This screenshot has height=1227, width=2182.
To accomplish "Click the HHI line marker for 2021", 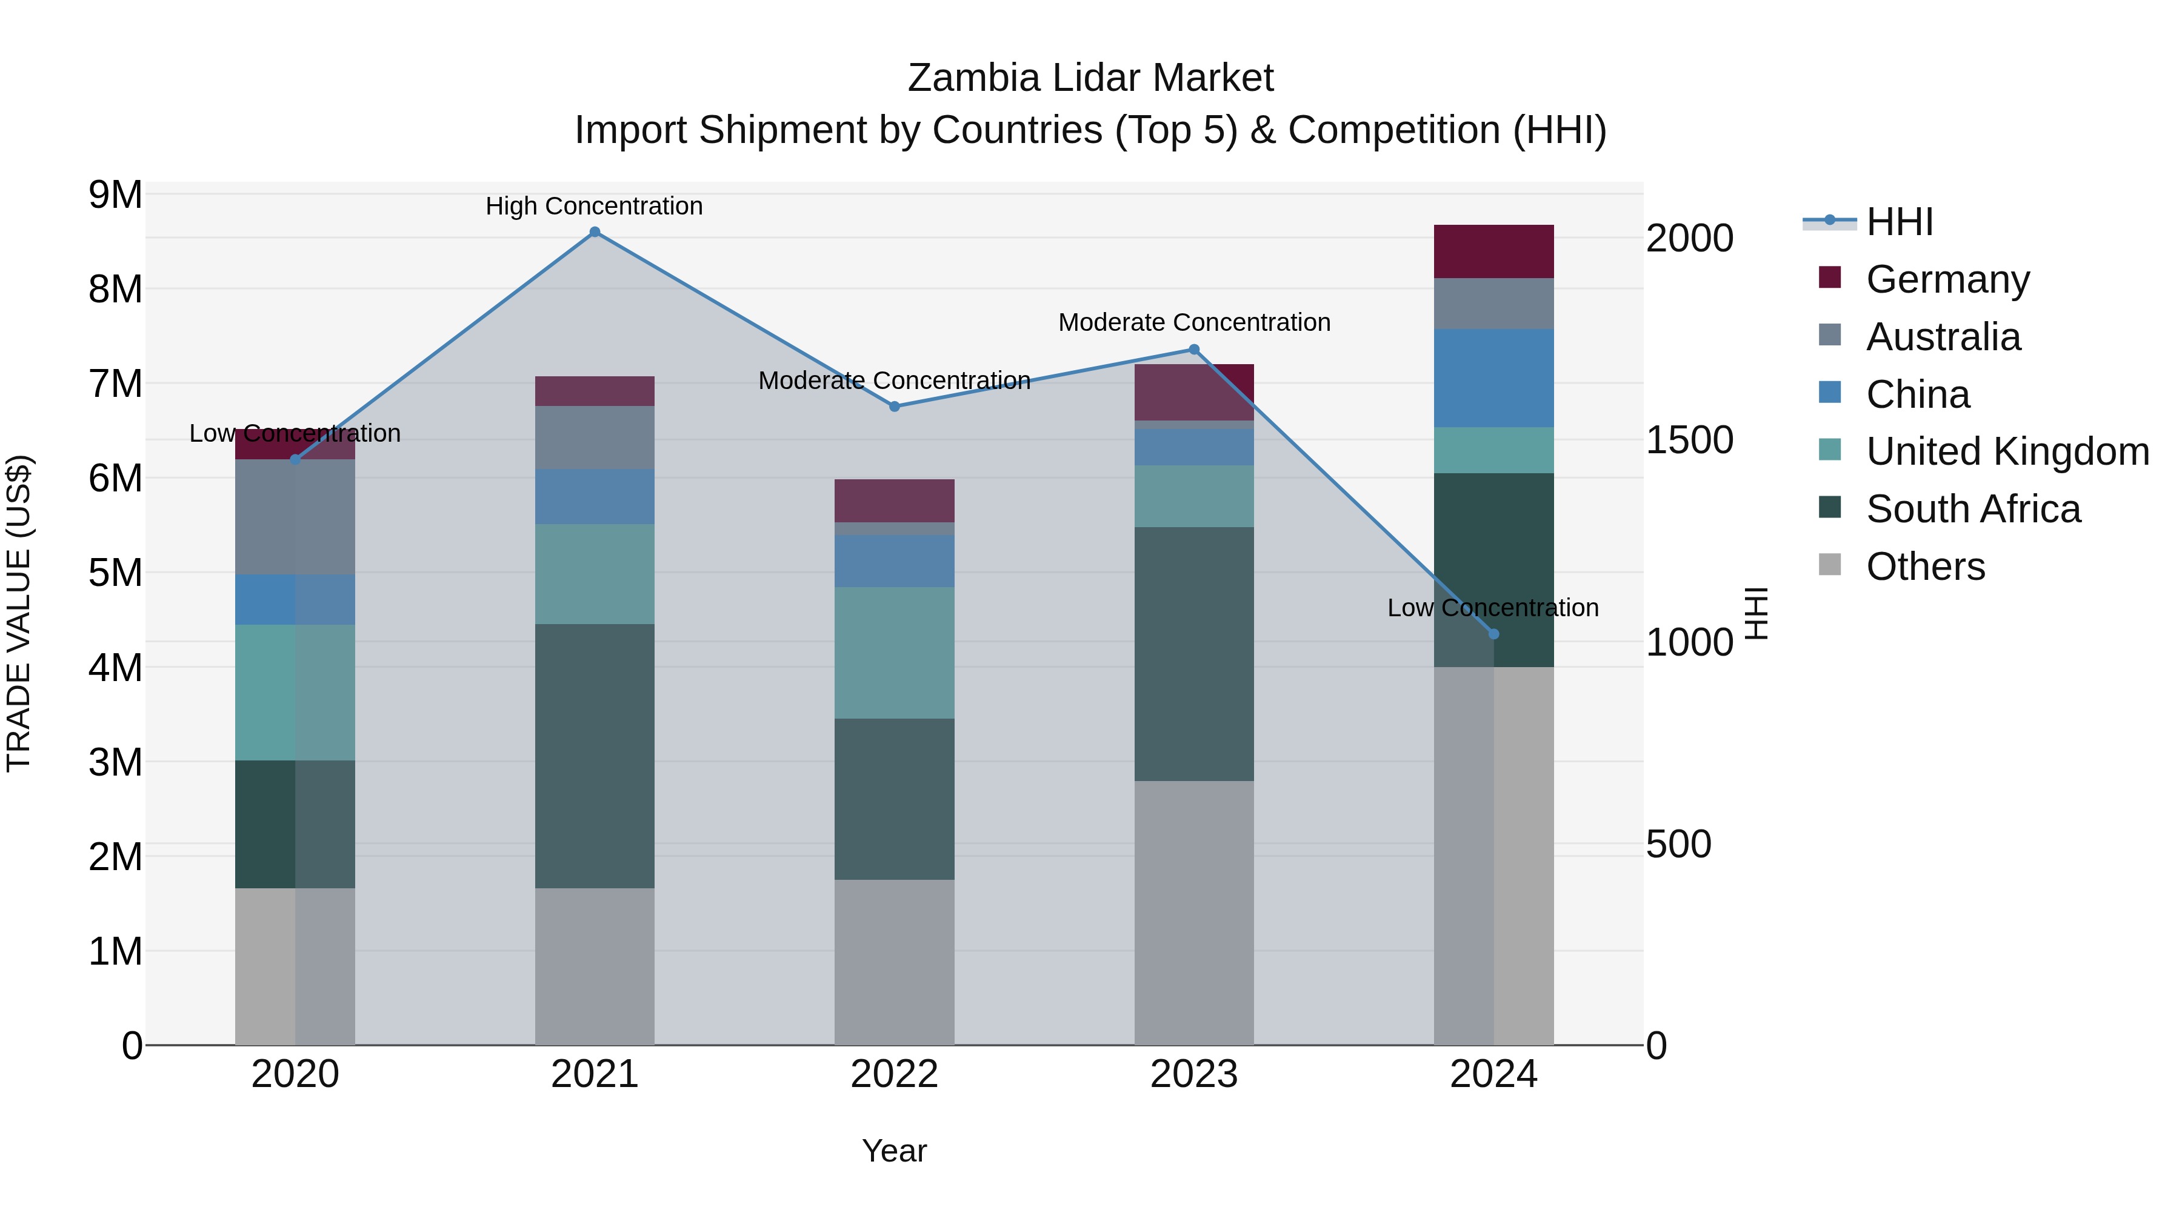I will click(x=595, y=232).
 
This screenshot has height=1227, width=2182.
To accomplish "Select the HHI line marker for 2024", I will click(x=1493, y=634).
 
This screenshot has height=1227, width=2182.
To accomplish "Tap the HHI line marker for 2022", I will click(x=895, y=407).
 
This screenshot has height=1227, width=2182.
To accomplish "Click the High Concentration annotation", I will click(x=594, y=207).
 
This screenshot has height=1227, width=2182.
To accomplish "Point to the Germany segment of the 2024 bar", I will click(x=1493, y=251).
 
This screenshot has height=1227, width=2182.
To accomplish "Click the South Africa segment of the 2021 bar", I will click(x=595, y=756).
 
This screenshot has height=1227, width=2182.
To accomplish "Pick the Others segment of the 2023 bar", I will click(x=1193, y=913).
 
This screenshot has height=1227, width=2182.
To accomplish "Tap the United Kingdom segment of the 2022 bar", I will click(x=895, y=653).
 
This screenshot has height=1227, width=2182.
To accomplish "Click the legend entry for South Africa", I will click(x=1973, y=509).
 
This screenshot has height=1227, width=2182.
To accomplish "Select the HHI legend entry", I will click(x=1899, y=222).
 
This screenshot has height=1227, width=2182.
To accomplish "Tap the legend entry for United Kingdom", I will click(x=2007, y=451).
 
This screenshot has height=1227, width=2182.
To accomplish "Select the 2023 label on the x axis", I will click(x=1193, y=1074).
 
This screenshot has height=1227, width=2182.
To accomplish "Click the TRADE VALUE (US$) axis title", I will click(x=19, y=613).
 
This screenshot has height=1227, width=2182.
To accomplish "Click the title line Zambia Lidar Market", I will click(x=1090, y=78).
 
